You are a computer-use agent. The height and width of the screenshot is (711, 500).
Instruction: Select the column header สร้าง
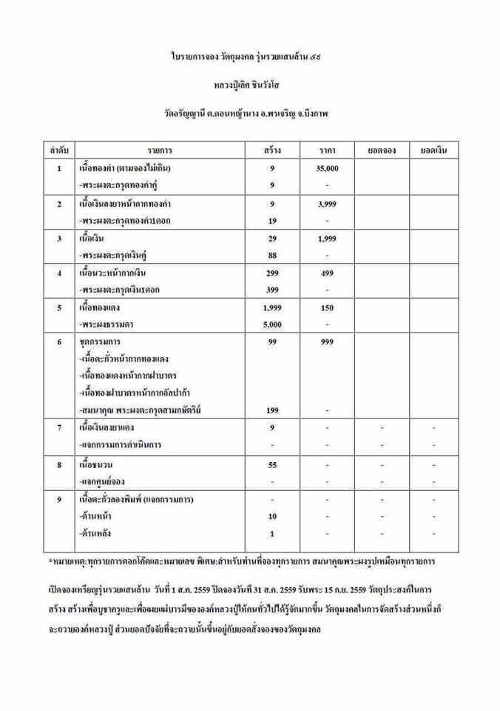tap(272, 150)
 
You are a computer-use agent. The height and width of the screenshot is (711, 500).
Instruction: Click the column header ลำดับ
tap(59, 150)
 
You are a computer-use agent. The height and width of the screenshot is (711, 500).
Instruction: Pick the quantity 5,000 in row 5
tap(272, 324)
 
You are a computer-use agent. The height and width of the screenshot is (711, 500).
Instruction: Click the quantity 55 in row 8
tap(272, 464)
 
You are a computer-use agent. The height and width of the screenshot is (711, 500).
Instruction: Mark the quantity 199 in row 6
tap(272, 410)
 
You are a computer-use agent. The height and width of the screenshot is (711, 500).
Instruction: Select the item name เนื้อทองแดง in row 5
tap(105, 307)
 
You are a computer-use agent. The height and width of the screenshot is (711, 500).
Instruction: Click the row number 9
tap(59, 499)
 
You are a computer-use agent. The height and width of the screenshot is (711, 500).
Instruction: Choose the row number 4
tap(59, 273)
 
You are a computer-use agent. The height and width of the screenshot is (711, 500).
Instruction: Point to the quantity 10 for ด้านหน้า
tap(272, 516)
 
